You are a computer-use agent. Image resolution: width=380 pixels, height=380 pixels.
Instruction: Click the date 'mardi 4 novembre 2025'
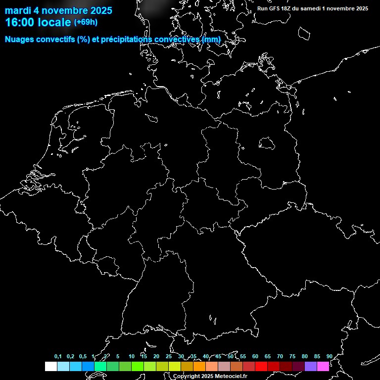click(x=58, y=10)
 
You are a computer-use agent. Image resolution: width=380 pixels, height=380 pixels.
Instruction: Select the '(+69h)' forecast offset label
click(x=86, y=22)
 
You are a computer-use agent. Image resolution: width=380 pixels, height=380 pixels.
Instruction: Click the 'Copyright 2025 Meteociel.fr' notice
click(x=210, y=376)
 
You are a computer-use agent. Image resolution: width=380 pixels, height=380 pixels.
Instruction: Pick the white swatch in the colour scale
click(x=50, y=366)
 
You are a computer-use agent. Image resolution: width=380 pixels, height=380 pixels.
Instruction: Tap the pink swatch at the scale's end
click(x=323, y=366)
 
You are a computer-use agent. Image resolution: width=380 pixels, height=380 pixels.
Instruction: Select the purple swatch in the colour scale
click(x=310, y=366)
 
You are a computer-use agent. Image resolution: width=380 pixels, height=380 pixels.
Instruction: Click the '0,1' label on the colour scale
click(x=58, y=356)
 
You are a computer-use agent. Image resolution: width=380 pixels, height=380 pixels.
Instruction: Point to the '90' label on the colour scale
click(x=329, y=356)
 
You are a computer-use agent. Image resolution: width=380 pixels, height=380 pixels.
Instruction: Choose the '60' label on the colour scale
click(x=255, y=356)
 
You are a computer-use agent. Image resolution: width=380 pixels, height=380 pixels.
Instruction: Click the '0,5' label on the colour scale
click(x=83, y=356)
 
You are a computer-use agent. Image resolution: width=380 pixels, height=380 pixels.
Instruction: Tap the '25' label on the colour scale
click(x=169, y=356)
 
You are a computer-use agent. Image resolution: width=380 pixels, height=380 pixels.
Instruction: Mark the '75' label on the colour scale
click(x=292, y=356)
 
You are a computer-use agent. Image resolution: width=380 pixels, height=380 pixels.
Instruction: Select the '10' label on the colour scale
click(x=131, y=356)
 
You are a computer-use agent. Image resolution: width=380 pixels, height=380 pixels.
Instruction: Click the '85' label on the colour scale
click(x=317, y=356)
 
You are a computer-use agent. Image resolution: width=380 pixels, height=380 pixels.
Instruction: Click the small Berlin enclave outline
click(x=267, y=143)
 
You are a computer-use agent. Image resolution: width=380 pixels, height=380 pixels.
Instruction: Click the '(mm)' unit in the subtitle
click(x=211, y=39)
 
